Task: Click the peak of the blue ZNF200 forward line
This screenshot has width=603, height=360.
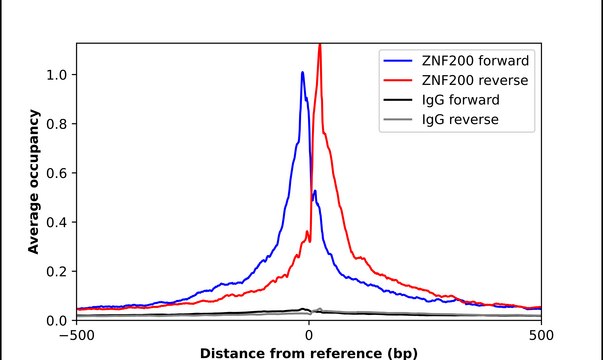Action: click(302, 72)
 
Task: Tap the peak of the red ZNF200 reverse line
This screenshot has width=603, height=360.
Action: click(319, 45)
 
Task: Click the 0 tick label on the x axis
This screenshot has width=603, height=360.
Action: click(309, 336)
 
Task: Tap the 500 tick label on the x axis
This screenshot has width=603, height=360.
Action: click(541, 336)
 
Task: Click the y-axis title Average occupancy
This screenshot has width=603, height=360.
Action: click(33, 182)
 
